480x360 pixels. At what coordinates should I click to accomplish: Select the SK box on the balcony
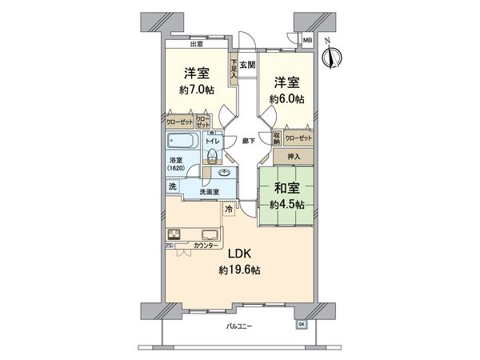click(x=302, y=324)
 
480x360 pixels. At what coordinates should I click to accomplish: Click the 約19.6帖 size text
click(x=239, y=270)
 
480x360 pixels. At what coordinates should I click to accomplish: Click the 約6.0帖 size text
click(x=286, y=99)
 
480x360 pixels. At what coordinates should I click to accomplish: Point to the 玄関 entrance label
click(x=247, y=65)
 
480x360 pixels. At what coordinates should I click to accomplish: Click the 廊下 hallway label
click(x=249, y=141)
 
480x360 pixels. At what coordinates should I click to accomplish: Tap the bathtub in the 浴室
click(x=182, y=142)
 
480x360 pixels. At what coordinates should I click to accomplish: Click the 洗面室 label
click(x=211, y=191)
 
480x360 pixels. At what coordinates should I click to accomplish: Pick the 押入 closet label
click(x=293, y=158)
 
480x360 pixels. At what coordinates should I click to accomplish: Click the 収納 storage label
click(x=276, y=137)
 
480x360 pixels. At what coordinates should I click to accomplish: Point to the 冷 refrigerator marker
click(x=229, y=210)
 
